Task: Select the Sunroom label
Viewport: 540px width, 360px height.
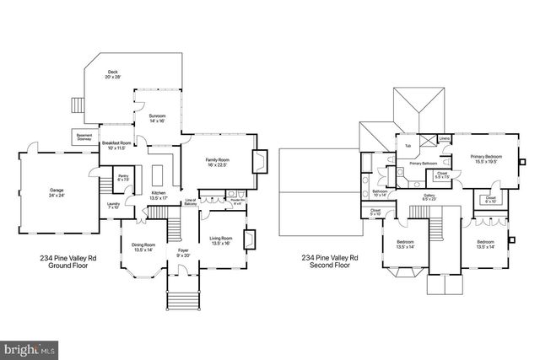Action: (x=158, y=118)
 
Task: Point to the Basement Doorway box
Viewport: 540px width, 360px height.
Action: (x=84, y=137)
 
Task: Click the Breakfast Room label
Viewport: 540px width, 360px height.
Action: (x=116, y=146)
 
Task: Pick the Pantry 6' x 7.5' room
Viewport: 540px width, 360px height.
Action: (x=122, y=178)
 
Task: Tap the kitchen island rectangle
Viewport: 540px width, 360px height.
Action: (x=159, y=175)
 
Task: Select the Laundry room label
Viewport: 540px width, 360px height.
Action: (x=111, y=205)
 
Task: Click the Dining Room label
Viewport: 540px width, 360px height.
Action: (x=143, y=247)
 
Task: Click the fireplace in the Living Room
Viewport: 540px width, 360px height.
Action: (x=249, y=239)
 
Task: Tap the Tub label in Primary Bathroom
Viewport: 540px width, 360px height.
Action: (x=408, y=146)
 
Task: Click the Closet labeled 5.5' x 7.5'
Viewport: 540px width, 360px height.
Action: (x=441, y=175)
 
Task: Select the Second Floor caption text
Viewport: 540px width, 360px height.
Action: (x=330, y=261)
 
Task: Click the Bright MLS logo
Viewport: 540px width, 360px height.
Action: (x=30, y=347)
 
